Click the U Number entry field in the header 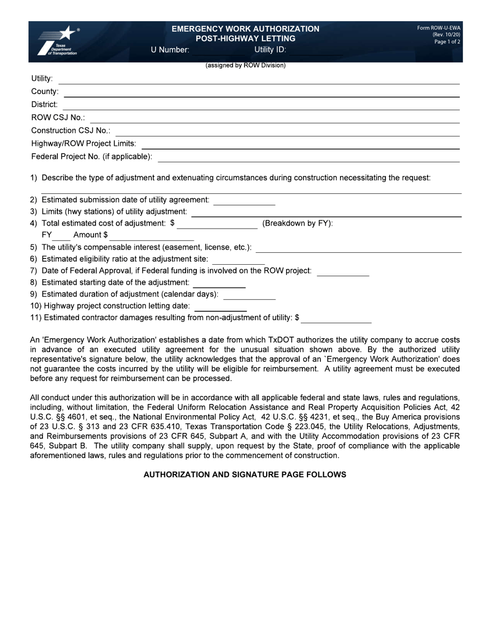click(220, 50)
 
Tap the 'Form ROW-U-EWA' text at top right click(439, 28)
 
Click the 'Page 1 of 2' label click(447, 42)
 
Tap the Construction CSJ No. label click(70, 131)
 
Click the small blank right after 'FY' click(61, 236)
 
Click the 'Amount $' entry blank click(151, 236)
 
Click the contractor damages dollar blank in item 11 click(336, 319)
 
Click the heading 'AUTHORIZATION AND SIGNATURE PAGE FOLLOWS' click(244, 475)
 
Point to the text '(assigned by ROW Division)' click(245, 66)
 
